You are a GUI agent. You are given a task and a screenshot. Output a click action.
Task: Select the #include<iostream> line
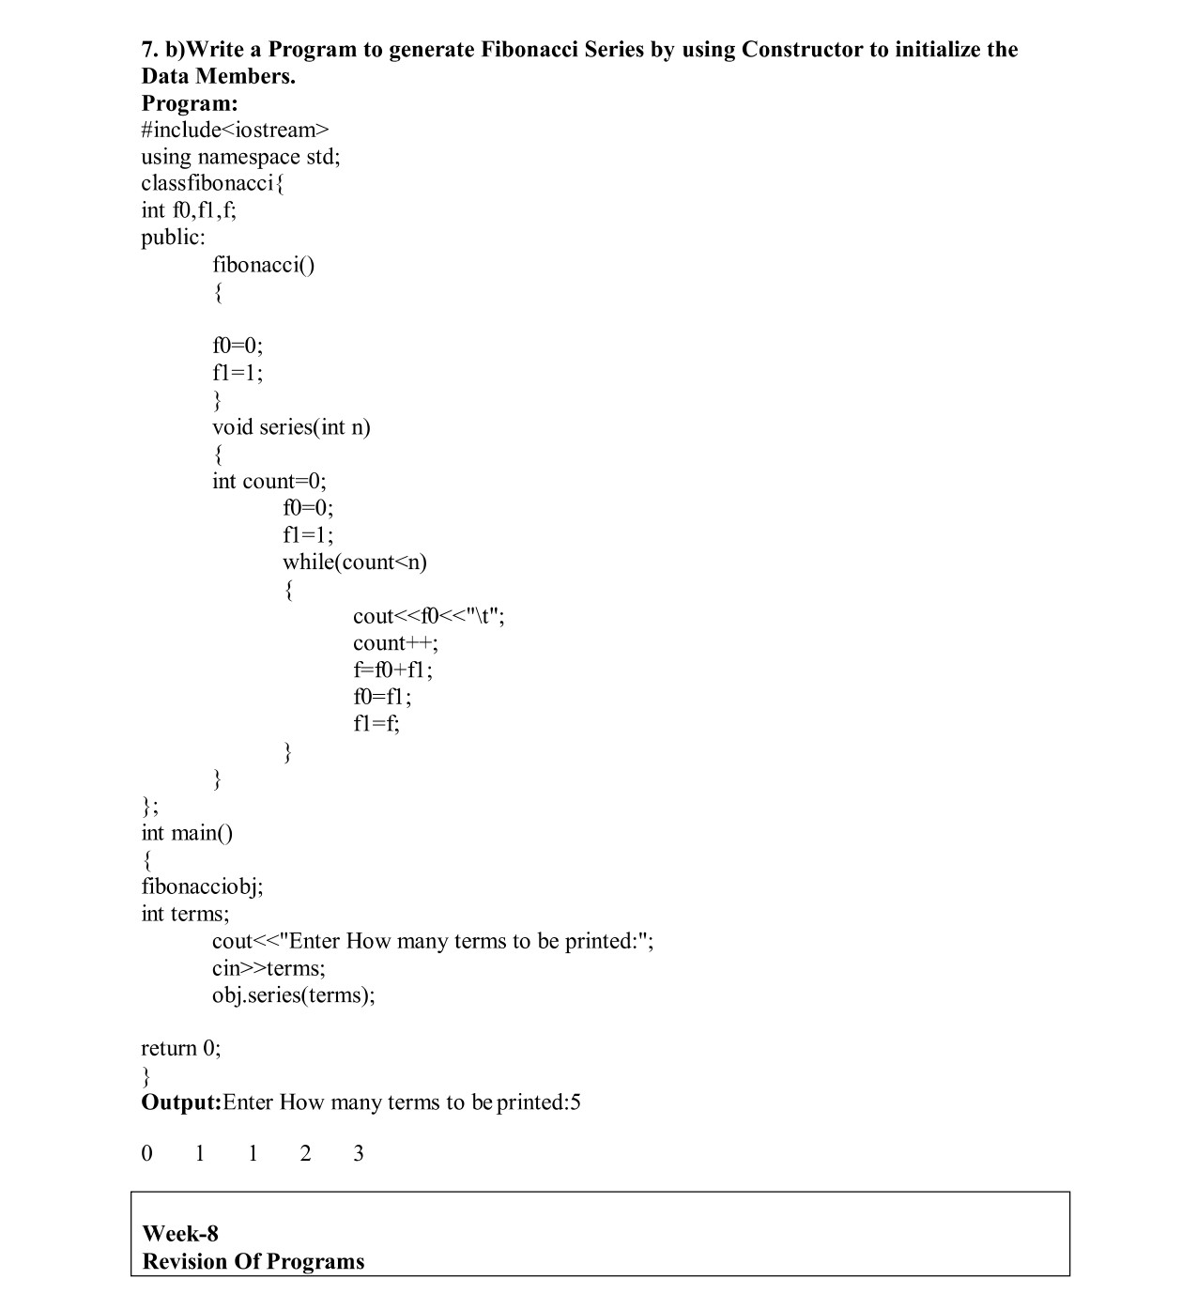(236, 130)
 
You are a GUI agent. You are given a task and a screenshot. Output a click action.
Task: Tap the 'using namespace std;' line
(240, 157)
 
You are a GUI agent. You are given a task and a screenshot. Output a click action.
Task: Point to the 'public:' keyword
(173, 238)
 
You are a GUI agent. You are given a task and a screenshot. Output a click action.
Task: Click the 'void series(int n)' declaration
(291, 427)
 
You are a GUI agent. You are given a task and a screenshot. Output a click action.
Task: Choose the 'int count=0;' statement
(269, 482)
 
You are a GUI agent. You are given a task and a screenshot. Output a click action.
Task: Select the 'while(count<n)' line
(355, 563)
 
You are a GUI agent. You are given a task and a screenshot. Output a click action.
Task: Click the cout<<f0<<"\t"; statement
(428, 616)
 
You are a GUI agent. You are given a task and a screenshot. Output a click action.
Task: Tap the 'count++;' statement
(395, 643)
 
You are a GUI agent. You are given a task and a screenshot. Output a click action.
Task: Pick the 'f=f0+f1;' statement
(392, 670)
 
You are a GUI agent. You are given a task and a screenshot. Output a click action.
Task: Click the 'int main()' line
(187, 833)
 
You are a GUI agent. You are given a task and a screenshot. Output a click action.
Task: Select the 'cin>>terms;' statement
(269, 968)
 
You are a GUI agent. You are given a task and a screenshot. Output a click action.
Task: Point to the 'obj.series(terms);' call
(293, 995)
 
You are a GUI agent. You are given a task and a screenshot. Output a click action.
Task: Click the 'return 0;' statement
(181, 1049)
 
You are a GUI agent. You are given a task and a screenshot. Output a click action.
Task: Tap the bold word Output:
(181, 1102)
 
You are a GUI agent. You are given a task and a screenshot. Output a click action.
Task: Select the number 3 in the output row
(359, 1154)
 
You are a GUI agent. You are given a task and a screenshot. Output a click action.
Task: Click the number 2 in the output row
(305, 1154)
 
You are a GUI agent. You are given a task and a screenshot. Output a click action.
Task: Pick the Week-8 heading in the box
(180, 1234)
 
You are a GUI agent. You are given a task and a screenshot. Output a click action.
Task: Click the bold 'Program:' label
(190, 103)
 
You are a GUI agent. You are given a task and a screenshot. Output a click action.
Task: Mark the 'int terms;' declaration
(185, 914)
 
